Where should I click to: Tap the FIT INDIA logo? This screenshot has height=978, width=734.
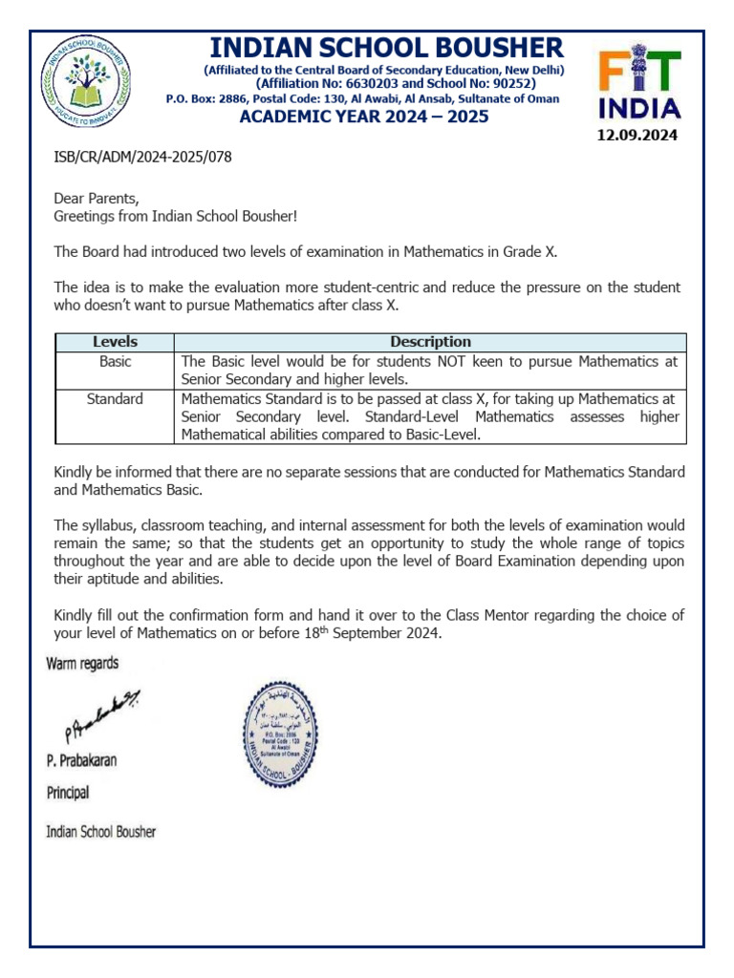[x=639, y=85]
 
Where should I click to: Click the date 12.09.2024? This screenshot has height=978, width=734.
[x=637, y=136]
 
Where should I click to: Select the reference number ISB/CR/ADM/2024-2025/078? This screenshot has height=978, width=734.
[x=143, y=157]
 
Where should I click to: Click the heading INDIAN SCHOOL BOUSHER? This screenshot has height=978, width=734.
[x=386, y=48]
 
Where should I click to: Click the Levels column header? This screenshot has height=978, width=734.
[x=115, y=342]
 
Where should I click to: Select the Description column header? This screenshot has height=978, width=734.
[x=430, y=342]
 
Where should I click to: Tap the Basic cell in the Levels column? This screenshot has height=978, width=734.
[x=115, y=362]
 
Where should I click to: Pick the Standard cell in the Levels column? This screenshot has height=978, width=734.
[x=115, y=399]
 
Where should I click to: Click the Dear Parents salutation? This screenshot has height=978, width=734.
[x=97, y=199]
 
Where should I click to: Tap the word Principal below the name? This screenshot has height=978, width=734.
[x=69, y=793]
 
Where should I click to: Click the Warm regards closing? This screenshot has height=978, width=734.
[x=83, y=664]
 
